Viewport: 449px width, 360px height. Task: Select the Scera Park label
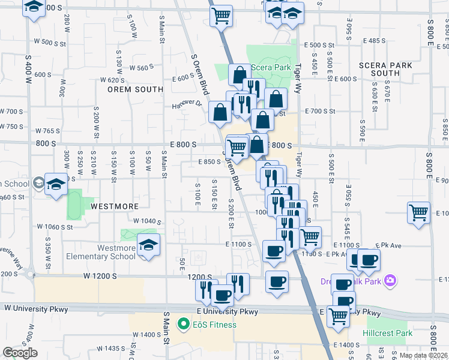pos(271,67)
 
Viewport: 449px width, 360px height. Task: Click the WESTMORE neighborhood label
pos(115,206)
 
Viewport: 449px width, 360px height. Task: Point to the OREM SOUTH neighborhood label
pos(135,89)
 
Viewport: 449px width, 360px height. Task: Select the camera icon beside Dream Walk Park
pos(391,280)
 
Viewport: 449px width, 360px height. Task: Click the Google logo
pos(20,353)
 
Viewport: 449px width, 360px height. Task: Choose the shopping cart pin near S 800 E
pos(418,212)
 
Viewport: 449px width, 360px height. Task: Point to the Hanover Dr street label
pos(187,104)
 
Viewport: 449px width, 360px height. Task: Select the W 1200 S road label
pos(100,275)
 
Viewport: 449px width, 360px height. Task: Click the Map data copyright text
pos(423,355)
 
